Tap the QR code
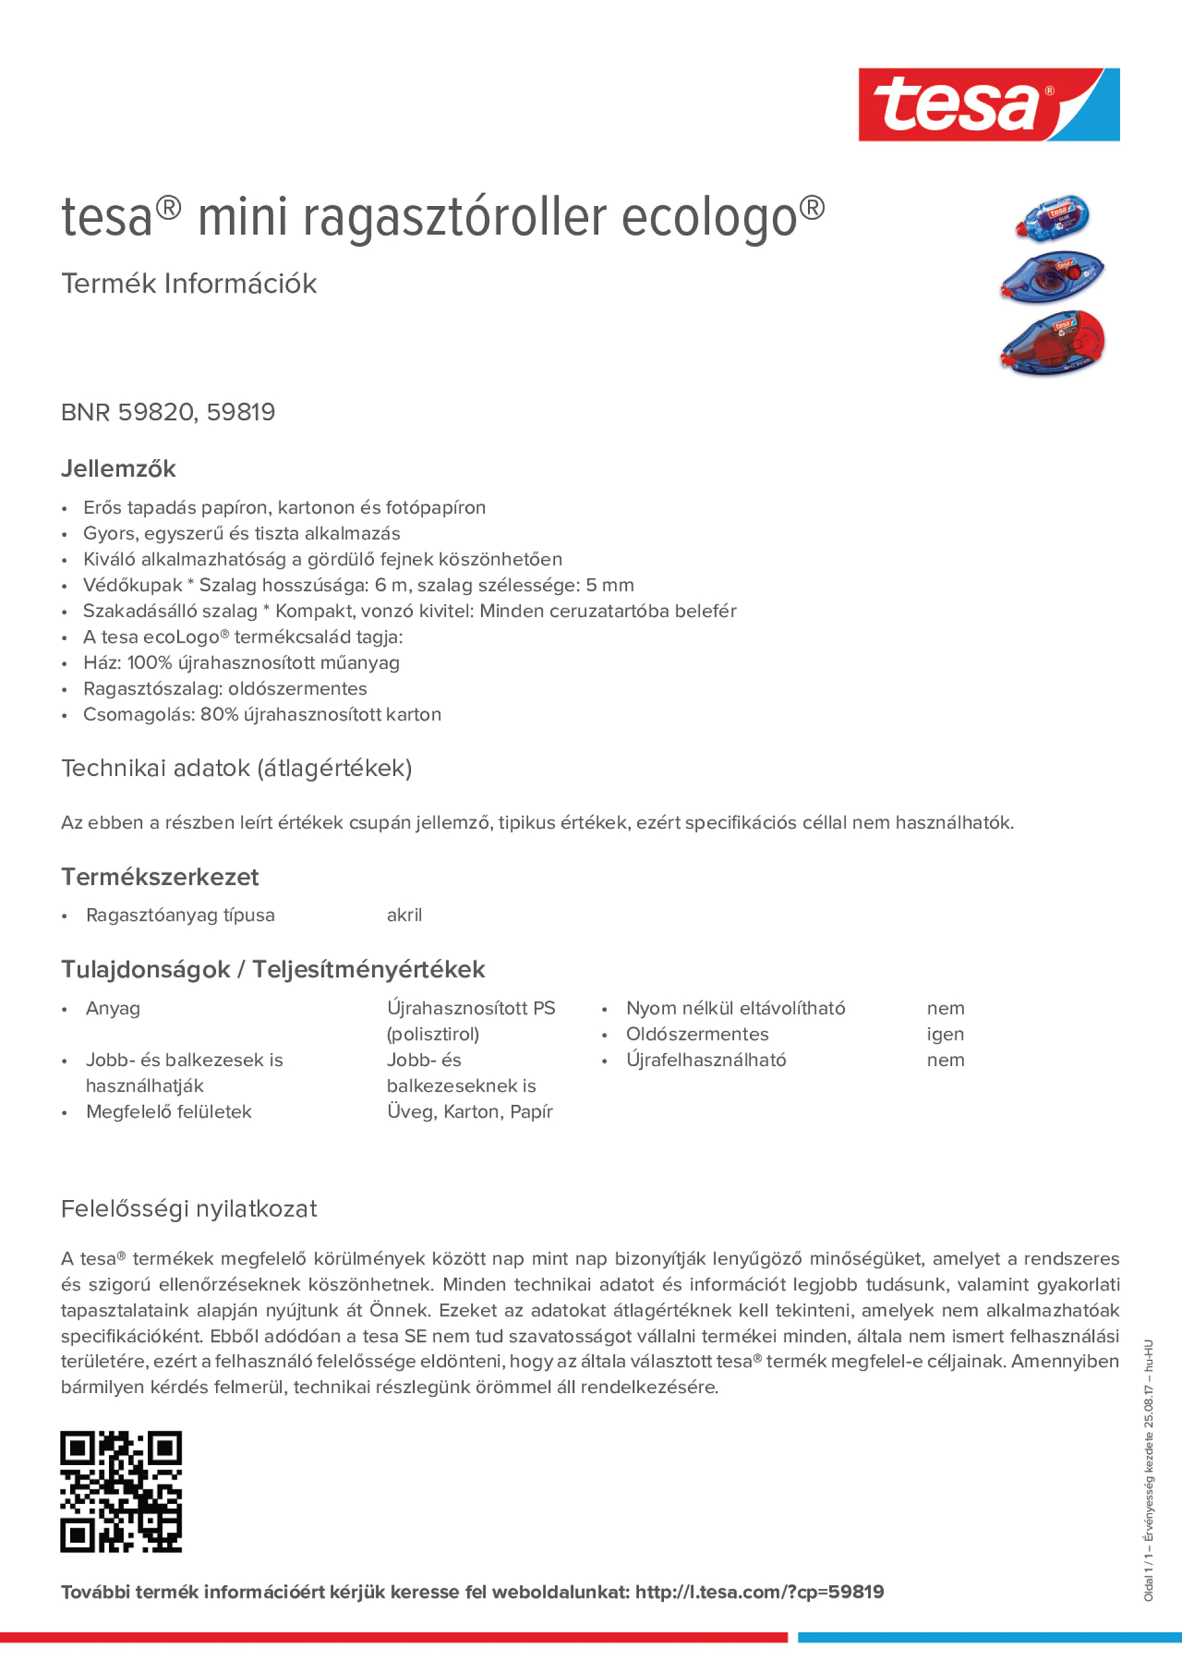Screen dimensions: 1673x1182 click(121, 1491)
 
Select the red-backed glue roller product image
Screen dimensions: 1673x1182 click(1053, 343)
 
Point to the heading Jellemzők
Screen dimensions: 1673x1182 click(118, 469)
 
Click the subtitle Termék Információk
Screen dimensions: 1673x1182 click(189, 284)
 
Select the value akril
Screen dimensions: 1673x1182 click(404, 915)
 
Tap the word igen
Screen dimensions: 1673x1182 click(945, 1034)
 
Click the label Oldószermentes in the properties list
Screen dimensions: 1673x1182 click(697, 1034)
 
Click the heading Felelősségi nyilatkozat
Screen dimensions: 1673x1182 click(189, 1209)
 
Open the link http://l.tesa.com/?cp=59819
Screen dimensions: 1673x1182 click(759, 1592)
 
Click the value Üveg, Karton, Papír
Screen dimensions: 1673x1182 click(469, 1112)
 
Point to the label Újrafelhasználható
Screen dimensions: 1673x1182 click(705, 1060)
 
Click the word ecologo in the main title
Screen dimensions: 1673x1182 click(709, 217)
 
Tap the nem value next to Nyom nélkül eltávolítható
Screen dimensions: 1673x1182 click(945, 1008)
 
